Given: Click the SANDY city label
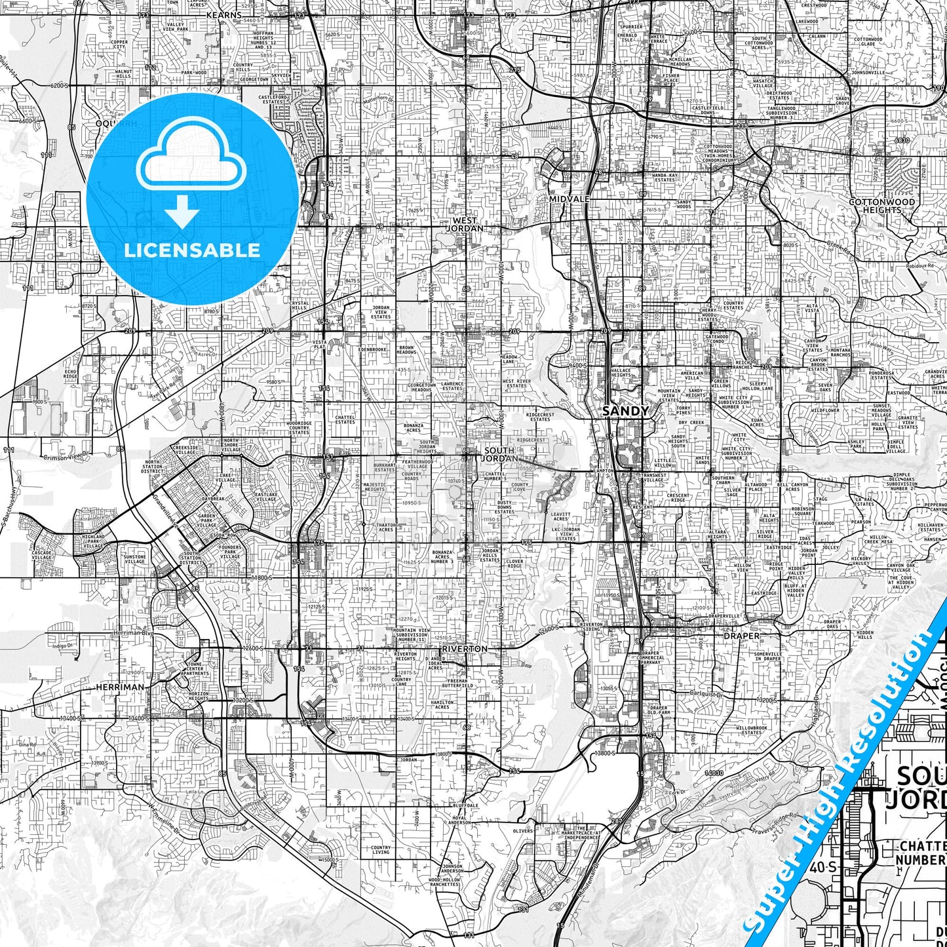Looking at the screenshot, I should point(625,411).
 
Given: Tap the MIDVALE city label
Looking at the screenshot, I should point(570,199).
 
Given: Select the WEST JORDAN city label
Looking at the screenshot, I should point(465,225).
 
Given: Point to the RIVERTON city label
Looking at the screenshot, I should point(465,649).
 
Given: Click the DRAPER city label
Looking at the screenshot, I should point(742,636).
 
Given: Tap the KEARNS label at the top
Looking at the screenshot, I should point(223,14).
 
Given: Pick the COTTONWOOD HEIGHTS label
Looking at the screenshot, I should point(882,206).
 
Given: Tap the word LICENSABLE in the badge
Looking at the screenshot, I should point(191,250).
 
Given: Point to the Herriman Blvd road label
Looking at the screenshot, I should point(134,633).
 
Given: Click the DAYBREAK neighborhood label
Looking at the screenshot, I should point(213,499).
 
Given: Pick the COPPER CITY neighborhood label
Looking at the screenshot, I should point(119,45).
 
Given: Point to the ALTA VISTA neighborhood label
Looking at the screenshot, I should point(812,308).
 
